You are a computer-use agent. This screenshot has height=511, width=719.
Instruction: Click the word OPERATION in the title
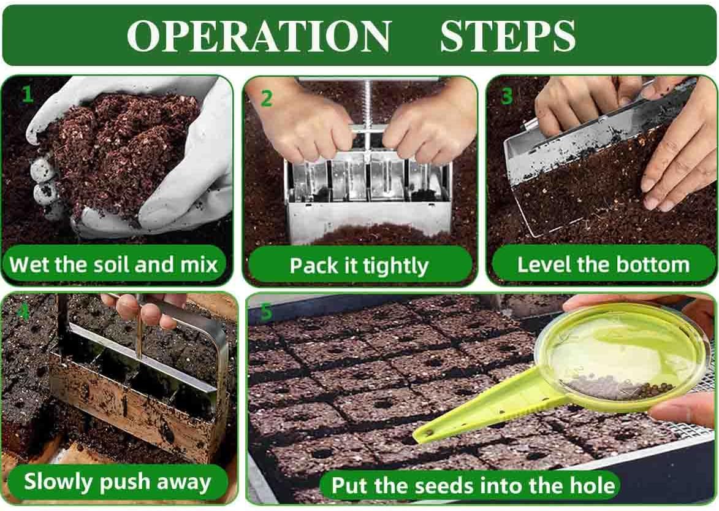259,36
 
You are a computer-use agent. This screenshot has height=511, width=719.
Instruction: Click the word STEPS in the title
508,36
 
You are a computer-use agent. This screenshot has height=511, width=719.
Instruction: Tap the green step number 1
28,94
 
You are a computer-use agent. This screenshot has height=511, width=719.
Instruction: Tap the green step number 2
267,99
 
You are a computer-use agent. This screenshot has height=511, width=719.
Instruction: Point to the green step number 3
506,96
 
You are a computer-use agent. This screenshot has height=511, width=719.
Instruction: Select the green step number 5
266,312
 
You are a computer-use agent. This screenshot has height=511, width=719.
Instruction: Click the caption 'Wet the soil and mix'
113,265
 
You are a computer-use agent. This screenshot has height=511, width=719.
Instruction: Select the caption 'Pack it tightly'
359,266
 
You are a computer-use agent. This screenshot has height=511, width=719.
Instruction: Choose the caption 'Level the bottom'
603,264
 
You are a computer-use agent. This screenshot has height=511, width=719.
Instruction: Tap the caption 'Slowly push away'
118,483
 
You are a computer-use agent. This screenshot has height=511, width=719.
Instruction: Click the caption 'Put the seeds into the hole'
473,485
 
